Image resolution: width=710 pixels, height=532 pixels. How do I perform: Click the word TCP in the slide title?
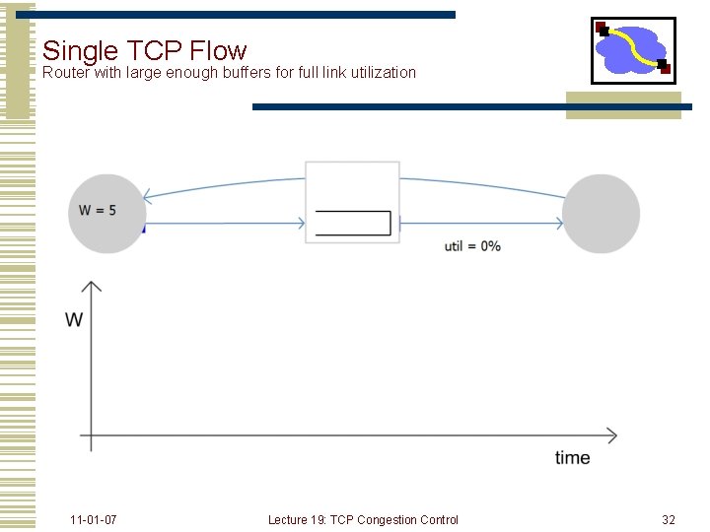pyautogui.click(x=158, y=49)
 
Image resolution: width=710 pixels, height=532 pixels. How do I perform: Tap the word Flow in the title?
pyautogui.click(x=218, y=49)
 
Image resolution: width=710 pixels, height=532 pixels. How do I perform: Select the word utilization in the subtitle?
pyautogui.click(x=379, y=73)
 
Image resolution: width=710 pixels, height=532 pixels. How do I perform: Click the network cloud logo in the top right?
pyautogui.click(x=633, y=49)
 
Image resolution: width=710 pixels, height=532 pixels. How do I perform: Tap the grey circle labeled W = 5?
pyautogui.click(x=106, y=213)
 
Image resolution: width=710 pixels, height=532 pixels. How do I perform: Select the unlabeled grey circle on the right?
pyautogui.click(x=601, y=213)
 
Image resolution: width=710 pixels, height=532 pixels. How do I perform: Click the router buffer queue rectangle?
pyautogui.click(x=353, y=224)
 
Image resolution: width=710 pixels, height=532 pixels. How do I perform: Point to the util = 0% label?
pyautogui.click(x=472, y=246)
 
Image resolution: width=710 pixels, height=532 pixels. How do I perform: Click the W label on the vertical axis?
pyautogui.click(x=74, y=320)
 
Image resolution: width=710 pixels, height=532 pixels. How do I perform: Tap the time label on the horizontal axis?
pyautogui.click(x=573, y=457)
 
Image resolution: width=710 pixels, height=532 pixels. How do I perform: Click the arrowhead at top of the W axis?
pyautogui.click(x=91, y=287)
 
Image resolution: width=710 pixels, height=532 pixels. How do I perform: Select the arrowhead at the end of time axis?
pyautogui.click(x=611, y=434)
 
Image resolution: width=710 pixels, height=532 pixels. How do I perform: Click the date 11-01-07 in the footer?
pyautogui.click(x=94, y=519)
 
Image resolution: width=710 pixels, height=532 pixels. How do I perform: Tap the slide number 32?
pyautogui.click(x=669, y=519)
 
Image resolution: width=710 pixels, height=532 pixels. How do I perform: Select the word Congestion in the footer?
pyautogui.click(x=387, y=519)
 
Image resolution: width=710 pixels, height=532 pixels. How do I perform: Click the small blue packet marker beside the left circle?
pyautogui.click(x=143, y=228)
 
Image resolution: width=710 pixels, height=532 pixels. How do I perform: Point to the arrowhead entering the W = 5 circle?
pyautogui.click(x=146, y=194)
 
